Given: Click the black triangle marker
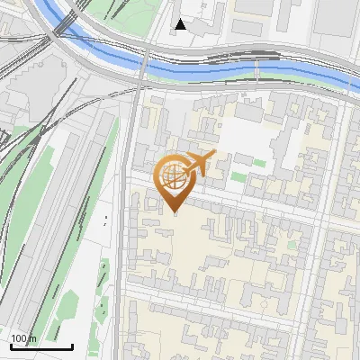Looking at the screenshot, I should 181,24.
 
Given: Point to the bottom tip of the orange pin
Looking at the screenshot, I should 175,212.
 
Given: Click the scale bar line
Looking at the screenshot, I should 41,346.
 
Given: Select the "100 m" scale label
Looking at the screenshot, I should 23,338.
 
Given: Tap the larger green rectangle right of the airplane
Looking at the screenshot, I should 259,163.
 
